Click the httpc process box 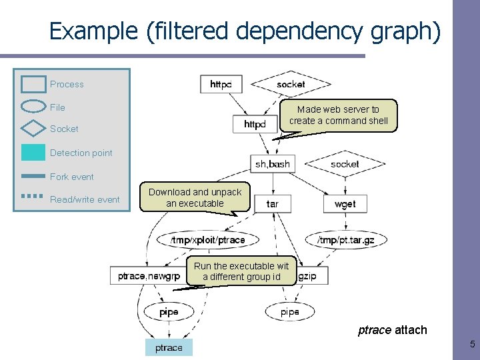(x=221, y=84)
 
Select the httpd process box (x=255, y=124)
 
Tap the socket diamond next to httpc (x=291, y=84)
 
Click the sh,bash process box (x=273, y=163)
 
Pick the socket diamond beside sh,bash (x=345, y=163)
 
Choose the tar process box (x=273, y=203)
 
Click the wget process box (x=345, y=203)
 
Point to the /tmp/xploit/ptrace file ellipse (x=207, y=239)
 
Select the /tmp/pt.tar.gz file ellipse (x=346, y=239)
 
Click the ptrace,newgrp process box (x=148, y=275)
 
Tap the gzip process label (x=307, y=275)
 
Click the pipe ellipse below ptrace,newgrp (x=169, y=311)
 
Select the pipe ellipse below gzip (x=290, y=311)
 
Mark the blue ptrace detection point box (x=169, y=347)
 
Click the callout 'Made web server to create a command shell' (x=338, y=115)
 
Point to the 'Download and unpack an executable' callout (x=195, y=197)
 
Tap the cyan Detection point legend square (x=33, y=153)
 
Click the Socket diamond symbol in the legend (x=33, y=129)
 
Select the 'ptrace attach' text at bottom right (x=392, y=330)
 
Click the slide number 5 (x=472, y=345)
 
